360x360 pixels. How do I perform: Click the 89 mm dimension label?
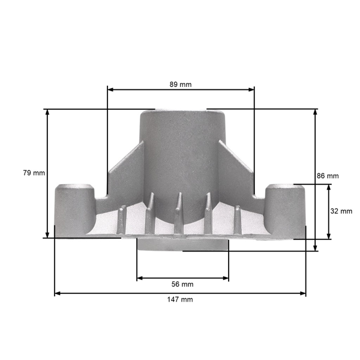point(181,85)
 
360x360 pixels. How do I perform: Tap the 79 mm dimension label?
point(34,173)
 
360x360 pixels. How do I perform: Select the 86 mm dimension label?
point(328,176)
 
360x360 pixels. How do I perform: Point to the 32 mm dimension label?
point(341,211)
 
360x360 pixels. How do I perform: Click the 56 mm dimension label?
point(182,284)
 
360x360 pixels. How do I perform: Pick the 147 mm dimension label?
point(180,299)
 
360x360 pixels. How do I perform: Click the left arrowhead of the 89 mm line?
point(110,89)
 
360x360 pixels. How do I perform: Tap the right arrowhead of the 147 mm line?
point(303,293)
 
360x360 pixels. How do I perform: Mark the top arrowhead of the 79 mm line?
point(47,112)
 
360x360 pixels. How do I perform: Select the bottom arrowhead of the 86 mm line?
point(315,248)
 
